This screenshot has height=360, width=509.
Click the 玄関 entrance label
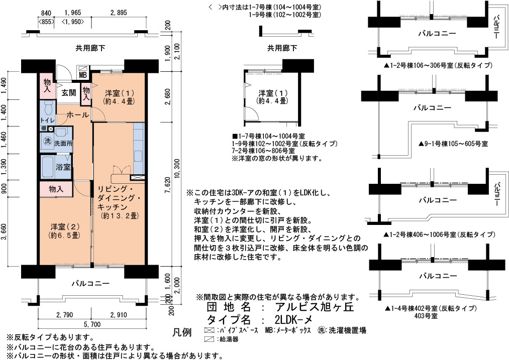point(69,93)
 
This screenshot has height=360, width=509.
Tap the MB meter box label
point(83,75)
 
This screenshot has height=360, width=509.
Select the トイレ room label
point(47,120)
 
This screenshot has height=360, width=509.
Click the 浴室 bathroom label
point(63,167)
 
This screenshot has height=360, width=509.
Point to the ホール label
point(78,115)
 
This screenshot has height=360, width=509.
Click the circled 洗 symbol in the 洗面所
point(48,142)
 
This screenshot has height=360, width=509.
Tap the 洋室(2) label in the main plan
point(65,226)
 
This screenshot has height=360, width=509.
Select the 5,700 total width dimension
point(92,324)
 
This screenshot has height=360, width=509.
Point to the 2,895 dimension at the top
point(119,13)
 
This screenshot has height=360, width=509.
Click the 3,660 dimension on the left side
point(4,232)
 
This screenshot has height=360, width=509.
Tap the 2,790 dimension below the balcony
point(65,315)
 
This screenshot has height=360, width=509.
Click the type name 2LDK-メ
point(293,320)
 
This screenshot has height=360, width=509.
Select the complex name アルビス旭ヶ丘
point(314,306)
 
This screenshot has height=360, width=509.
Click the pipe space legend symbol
point(210,331)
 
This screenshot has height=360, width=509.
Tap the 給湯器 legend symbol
point(210,339)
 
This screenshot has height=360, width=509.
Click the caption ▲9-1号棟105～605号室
point(453,144)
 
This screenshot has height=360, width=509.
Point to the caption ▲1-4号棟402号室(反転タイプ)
point(431,308)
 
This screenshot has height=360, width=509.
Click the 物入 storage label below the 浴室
point(56,189)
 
